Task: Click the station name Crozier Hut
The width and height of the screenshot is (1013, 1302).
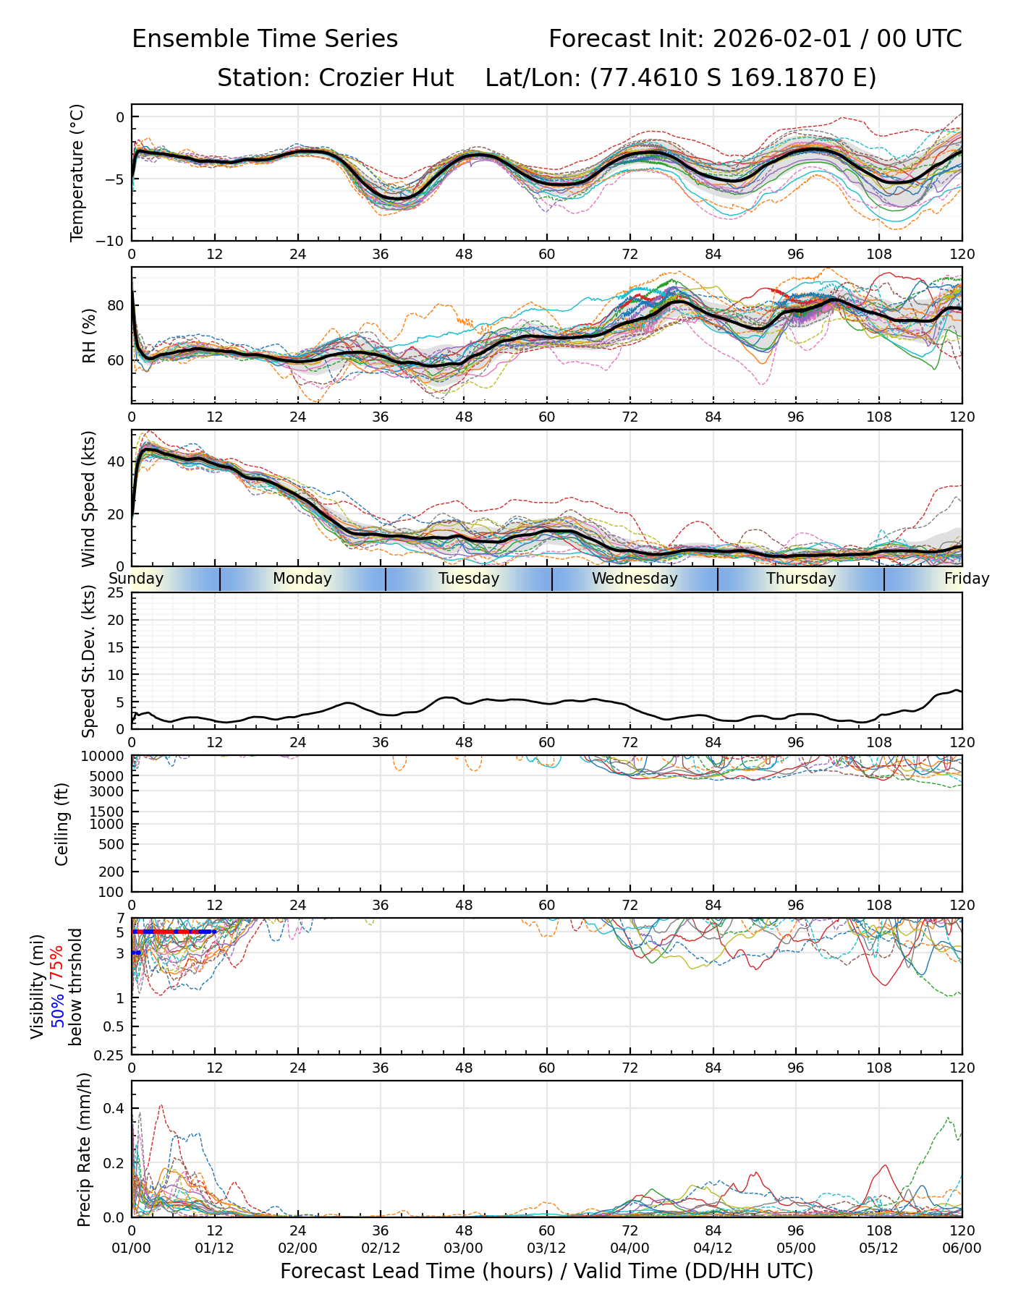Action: pos(386,77)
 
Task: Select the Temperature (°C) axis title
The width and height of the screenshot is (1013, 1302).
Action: pos(77,172)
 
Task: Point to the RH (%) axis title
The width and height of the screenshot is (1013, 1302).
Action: pos(89,336)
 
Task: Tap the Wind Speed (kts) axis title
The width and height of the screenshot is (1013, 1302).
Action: pos(89,498)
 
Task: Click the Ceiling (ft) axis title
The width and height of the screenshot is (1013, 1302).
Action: pos(63,824)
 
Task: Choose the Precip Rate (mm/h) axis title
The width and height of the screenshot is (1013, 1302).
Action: pos(85,1149)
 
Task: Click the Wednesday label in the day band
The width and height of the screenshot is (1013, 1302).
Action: pos(635,579)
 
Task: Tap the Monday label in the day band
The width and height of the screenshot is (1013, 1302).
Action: pos(302,579)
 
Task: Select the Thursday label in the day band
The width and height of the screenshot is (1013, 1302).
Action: pos(801,579)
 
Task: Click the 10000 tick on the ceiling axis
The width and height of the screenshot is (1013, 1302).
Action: pos(106,757)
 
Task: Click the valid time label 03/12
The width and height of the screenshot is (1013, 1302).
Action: pos(546,1248)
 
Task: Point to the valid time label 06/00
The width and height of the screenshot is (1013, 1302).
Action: pos(962,1248)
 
